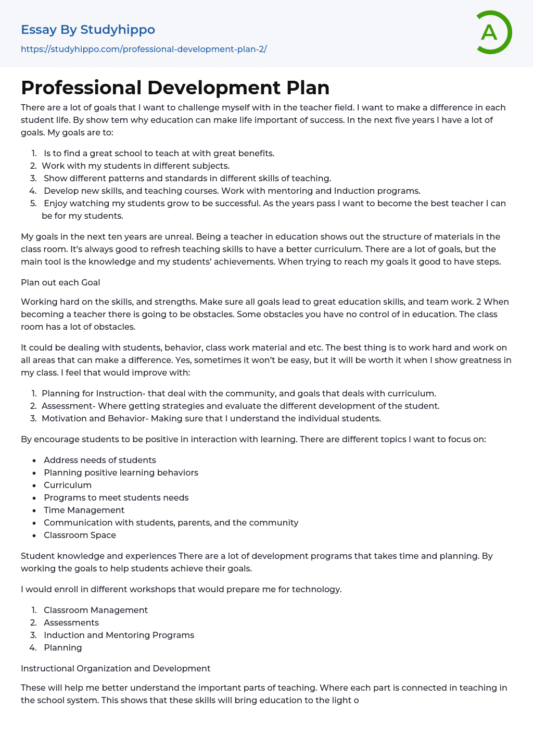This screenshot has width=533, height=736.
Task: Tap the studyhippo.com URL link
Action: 144,49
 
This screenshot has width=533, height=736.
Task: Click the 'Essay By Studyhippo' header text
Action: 88,30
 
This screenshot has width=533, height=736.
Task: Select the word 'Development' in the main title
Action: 214,88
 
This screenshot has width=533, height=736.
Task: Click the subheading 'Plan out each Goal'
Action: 60,282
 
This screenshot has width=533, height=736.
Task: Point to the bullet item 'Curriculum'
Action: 68,485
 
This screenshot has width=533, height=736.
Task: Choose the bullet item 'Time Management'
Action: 84,510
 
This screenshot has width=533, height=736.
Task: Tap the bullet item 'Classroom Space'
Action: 80,535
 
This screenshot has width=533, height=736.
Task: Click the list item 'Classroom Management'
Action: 96,610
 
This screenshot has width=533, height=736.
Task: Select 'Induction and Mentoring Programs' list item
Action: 119,635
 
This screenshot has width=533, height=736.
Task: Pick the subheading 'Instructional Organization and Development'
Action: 116,668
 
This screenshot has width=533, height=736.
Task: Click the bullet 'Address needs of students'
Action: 100,460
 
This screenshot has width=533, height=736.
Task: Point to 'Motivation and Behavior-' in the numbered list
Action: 95,418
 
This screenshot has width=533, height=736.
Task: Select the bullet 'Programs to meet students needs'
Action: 116,497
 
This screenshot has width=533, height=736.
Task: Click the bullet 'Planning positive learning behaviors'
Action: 121,472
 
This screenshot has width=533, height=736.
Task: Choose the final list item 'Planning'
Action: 63,647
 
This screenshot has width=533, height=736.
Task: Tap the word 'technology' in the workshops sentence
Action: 316,589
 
